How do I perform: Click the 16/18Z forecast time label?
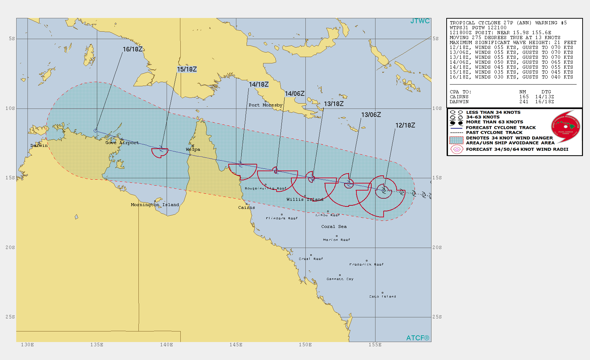(133, 49)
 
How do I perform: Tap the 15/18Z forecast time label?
(187, 69)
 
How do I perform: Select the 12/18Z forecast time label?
(405, 125)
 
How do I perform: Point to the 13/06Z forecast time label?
(371, 115)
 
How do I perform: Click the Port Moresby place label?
(266, 105)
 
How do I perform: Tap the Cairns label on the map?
(247, 207)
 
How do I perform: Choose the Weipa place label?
(193, 149)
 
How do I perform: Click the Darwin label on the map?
(39, 145)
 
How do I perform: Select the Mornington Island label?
(155, 205)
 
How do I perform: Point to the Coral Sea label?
(334, 226)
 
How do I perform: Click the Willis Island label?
(305, 199)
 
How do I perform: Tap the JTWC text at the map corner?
(420, 21)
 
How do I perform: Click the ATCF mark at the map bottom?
(418, 338)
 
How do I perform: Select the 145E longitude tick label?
(236, 345)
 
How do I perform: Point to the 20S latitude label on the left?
(10, 248)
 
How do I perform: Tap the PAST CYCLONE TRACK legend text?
(494, 132)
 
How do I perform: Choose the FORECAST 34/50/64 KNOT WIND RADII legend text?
(517, 149)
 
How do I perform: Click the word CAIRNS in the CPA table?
(459, 97)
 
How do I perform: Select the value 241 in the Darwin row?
(524, 102)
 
